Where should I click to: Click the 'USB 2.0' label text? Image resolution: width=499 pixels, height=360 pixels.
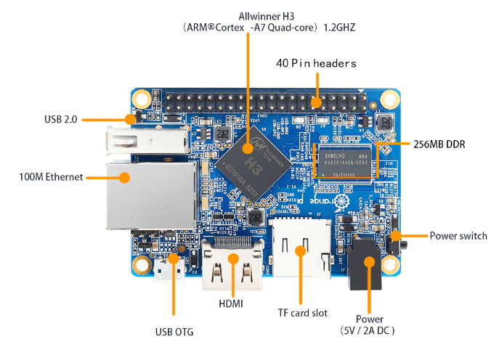point(60,118)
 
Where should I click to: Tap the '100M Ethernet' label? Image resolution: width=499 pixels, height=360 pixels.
point(50,176)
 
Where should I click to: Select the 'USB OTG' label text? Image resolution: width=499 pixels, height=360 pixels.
point(174,332)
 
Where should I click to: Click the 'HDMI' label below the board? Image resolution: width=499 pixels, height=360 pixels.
point(230,303)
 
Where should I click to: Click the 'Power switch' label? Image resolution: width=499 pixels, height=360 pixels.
point(458,235)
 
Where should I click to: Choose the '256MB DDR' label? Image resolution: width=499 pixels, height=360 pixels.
point(439,144)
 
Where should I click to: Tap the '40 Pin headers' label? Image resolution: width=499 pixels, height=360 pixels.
point(316,63)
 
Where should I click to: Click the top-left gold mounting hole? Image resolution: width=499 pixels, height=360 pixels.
point(141,99)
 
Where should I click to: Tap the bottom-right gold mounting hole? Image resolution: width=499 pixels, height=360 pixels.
point(389,266)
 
